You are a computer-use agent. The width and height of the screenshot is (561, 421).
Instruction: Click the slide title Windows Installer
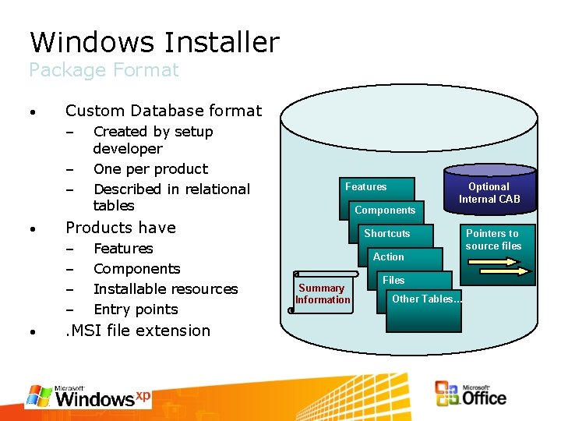tap(153, 42)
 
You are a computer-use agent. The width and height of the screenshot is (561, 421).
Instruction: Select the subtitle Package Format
tap(104, 70)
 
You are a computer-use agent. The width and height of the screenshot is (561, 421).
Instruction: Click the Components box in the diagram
tap(385, 210)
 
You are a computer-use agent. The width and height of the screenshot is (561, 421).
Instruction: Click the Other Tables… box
tap(426, 299)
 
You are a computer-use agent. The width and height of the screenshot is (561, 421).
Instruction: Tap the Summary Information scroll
tap(323, 294)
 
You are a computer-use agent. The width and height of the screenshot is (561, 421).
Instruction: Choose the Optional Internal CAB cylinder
tap(489, 192)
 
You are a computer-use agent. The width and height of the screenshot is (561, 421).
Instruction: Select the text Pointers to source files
tap(492, 239)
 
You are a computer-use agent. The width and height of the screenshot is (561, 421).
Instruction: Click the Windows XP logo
tap(88, 396)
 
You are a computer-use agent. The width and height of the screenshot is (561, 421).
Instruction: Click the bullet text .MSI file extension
tap(138, 331)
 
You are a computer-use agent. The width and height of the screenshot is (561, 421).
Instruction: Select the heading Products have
tap(121, 228)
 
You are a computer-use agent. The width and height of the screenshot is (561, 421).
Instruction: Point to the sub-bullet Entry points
tap(136, 310)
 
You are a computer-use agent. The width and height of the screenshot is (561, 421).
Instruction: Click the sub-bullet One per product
tap(150, 169)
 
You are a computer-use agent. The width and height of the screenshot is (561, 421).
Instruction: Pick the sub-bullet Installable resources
tap(165, 289)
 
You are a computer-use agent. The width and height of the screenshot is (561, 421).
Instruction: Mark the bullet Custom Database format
tap(164, 111)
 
